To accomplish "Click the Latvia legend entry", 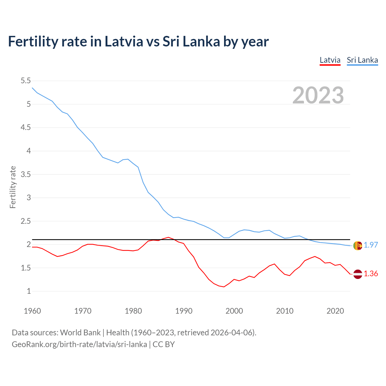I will (x=330, y=60).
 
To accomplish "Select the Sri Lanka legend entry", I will (x=362, y=60).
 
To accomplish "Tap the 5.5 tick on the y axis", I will (x=26, y=81).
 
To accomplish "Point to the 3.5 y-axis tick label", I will (x=26, y=174).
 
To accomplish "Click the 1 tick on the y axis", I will (x=29, y=291).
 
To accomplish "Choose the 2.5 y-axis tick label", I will (x=26, y=221).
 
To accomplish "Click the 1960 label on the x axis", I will (x=32, y=311).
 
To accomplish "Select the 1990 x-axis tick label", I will (x=184, y=311).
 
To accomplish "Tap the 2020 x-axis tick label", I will (x=335, y=311).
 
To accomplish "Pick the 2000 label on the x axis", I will (x=234, y=311).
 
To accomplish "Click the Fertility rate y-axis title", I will (x=13, y=187).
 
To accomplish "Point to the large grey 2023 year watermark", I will (x=318, y=95).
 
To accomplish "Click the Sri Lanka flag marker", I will (x=358, y=246).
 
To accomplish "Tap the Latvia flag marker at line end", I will (x=358, y=274).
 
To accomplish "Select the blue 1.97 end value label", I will (x=371, y=245).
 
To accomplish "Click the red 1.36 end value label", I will (x=371, y=274).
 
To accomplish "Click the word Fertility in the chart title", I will (x=32, y=41).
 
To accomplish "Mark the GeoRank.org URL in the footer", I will (x=79, y=344).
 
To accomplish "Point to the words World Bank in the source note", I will (x=80, y=333).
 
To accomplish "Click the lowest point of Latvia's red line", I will (x=224, y=287).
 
